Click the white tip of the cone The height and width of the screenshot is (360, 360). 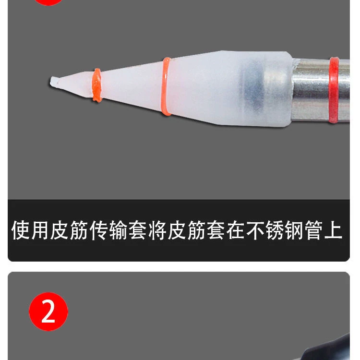pos(55,81)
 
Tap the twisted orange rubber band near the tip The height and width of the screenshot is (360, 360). pos(97,85)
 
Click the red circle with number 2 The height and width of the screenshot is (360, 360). pos(48,312)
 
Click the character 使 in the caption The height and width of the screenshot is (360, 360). pos(22,230)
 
